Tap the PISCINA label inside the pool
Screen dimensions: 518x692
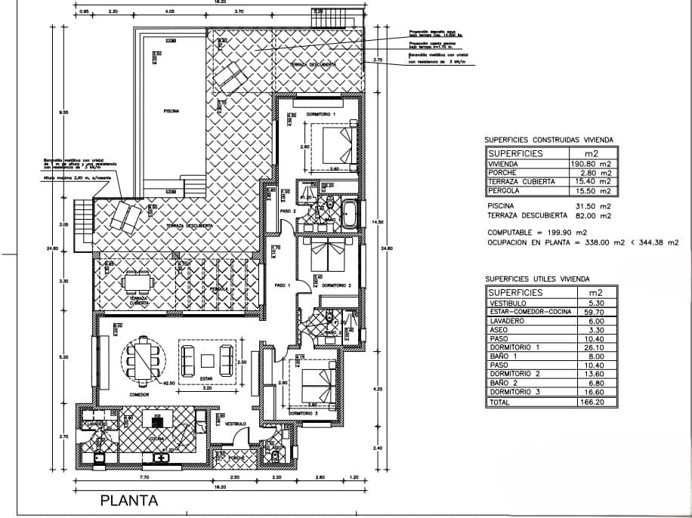[x=171, y=111]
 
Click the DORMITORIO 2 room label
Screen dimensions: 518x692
[x=337, y=285]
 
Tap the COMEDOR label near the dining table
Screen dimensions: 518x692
[x=139, y=395]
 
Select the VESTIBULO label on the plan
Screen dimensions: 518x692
[x=236, y=424]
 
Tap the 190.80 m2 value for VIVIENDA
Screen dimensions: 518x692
[x=592, y=162]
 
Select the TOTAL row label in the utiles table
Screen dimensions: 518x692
[x=500, y=403]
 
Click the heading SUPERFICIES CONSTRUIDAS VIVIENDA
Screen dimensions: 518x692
[x=548, y=139]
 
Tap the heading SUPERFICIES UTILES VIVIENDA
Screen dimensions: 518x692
[x=538, y=278]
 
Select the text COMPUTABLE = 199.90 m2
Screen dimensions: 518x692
[x=536, y=232]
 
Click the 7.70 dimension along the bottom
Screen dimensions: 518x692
[x=144, y=477]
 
